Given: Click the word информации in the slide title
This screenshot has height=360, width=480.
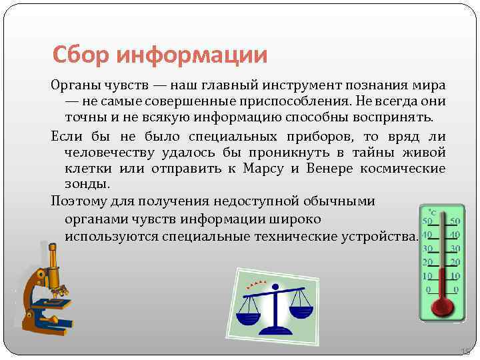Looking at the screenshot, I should pos(191,54).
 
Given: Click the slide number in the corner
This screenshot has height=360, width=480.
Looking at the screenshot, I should pos(465,351).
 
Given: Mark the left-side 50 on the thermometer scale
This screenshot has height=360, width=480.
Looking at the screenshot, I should pos(428,221).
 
